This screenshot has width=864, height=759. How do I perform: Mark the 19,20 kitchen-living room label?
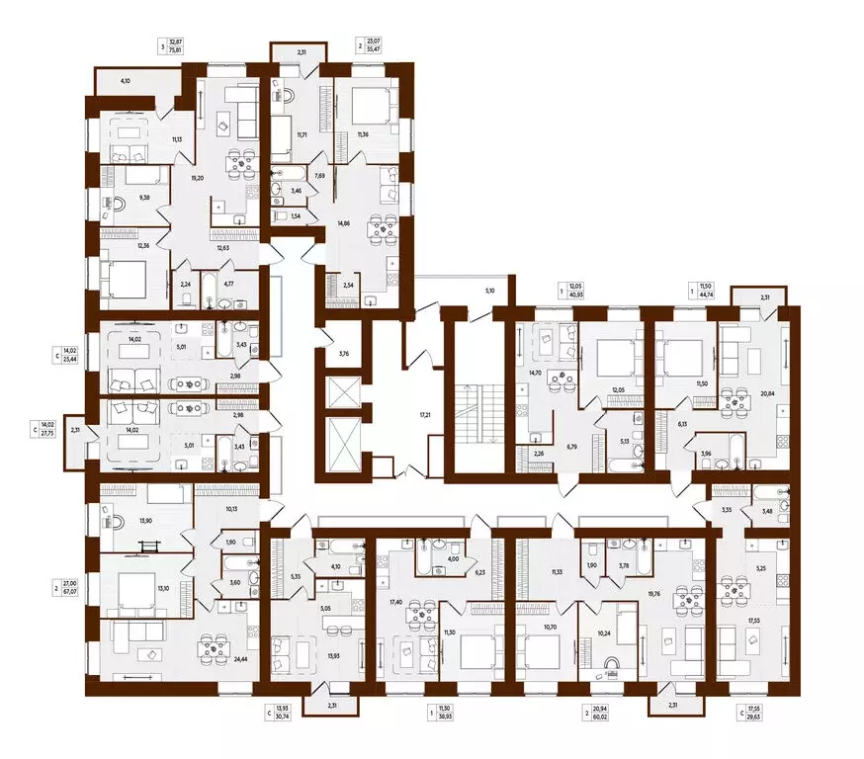(196, 179)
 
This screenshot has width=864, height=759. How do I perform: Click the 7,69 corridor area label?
(319, 175)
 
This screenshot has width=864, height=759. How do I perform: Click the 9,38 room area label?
(145, 198)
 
